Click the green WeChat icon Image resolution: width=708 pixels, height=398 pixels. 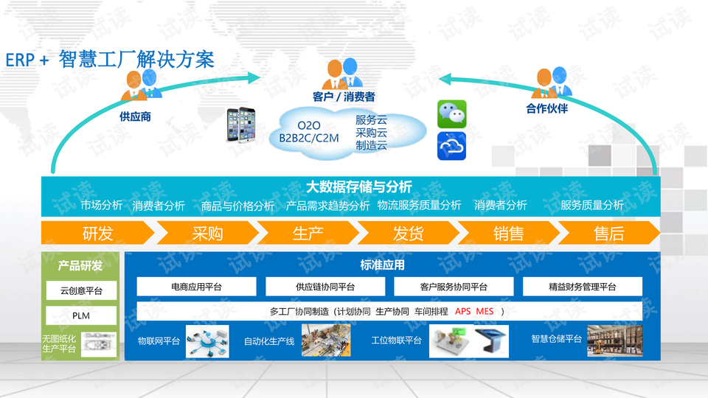(451, 114)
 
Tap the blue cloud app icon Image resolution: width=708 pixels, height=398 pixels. (451, 146)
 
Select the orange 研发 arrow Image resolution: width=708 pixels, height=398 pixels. (98, 233)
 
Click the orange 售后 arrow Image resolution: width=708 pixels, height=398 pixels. (609, 233)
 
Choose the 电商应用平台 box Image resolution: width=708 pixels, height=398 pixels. (196, 287)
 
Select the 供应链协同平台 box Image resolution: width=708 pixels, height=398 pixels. (325, 287)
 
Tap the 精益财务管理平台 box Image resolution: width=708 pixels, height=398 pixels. (583, 287)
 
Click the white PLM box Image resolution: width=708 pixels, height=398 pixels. (81, 315)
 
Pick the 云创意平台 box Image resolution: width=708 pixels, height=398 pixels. (81, 290)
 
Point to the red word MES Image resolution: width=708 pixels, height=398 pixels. (485, 311)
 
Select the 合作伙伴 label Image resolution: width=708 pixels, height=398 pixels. (546, 108)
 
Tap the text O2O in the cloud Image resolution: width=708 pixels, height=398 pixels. (309, 125)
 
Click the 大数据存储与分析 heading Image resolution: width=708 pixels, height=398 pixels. (359, 186)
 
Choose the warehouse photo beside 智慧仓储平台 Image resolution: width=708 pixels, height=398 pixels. (614, 341)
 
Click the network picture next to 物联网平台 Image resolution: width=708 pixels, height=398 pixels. (207, 341)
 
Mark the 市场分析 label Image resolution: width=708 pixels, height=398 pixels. (102, 206)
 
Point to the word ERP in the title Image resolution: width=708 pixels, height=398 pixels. (20, 60)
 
